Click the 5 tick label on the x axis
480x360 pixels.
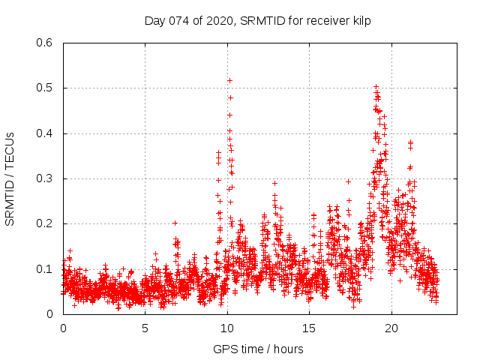[x=145, y=328]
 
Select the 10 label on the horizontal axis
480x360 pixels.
[x=227, y=328]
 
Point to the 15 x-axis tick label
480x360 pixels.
[x=310, y=328]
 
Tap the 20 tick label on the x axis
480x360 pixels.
[x=391, y=328]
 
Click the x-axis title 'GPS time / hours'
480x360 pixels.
[x=258, y=349]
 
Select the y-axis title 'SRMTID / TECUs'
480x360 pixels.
[x=10, y=178]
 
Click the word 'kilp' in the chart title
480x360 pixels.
[x=361, y=20]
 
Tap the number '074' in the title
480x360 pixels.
[x=179, y=20]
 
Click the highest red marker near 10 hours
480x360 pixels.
[x=229, y=80]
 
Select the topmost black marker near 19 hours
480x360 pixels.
[x=376, y=87]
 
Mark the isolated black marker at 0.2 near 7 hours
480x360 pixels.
[x=175, y=223]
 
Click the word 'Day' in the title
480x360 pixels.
[x=155, y=20]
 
